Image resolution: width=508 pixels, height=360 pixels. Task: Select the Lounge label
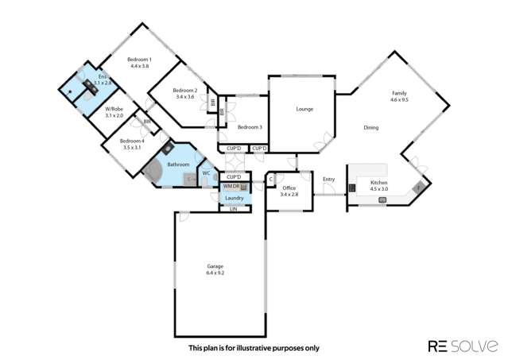click(x=304, y=109)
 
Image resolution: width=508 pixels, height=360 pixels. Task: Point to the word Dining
click(x=370, y=128)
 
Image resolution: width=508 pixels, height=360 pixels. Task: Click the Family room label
click(x=398, y=93)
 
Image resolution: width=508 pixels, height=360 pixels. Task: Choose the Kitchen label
click(x=378, y=183)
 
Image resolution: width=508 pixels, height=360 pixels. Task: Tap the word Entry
click(x=328, y=179)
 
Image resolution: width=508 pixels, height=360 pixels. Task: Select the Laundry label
click(x=234, y=198)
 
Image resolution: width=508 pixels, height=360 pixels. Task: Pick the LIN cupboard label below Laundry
click(x=234, y=209)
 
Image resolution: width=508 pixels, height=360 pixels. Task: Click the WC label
click(x=205, y=172)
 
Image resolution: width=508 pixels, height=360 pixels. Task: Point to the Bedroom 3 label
click(x=250, y=127)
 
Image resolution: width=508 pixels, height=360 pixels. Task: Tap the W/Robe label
click(x=114, y=110)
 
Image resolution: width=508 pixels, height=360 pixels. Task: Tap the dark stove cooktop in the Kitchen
click(x=351, y=188)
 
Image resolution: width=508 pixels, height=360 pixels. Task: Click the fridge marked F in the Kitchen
click(x=419, y=188)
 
